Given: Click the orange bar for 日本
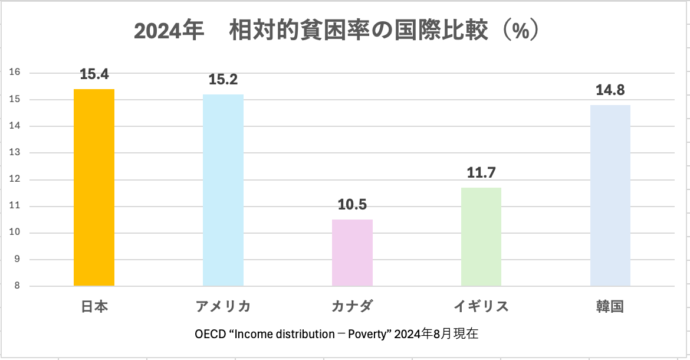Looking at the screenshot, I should tap(94, 188).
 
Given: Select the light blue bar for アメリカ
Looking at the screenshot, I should tap(223, 190).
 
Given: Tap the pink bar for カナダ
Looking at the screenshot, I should tap(352, 253).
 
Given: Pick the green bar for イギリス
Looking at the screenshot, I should tap(481, 237).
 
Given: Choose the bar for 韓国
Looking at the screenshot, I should tap(610, 195).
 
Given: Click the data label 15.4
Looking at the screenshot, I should tap(94, 74).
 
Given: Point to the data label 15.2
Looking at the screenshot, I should tap(224, 80).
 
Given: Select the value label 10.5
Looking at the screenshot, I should tap(352, 205).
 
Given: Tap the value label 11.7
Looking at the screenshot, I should tap(481, 173).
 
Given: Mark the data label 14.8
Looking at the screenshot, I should tap(610, 90).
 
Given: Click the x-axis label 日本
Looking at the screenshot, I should tap(94, 307).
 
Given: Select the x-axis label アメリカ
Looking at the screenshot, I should tap(223, 307).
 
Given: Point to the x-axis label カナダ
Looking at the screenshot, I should tap(352, 307).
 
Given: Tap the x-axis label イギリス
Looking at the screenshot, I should tap(481, 307).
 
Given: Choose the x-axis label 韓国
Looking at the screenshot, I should tap(610, 307).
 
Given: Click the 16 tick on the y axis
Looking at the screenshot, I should tap(15, 73).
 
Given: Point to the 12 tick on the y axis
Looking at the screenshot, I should tap(15, 179).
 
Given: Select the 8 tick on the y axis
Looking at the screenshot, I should tap(17, 286).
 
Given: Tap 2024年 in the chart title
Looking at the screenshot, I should tap(169, 31).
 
